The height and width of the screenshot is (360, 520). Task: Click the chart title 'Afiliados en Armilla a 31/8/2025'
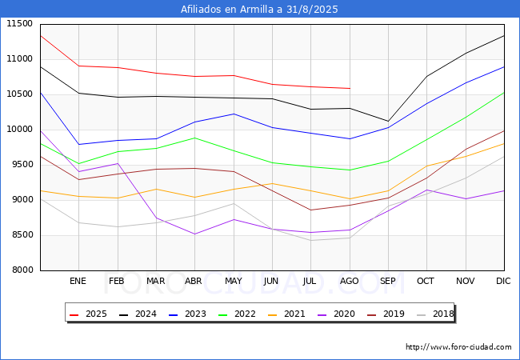click(x=259, y=10)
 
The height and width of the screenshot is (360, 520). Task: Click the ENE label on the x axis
click(x=78, y=282)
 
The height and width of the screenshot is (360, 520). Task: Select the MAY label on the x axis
click(x=233, y=282)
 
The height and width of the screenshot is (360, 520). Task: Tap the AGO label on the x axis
click(x=349, y=282)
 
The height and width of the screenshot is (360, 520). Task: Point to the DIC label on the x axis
click(x=503, y=282)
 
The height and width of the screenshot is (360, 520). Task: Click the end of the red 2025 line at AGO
click(x=349, y=89)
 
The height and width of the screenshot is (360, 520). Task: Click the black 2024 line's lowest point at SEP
click(x=388, y=122)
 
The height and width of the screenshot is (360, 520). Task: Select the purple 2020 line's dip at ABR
click(x=194, y=234)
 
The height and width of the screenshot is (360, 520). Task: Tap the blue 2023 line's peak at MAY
click(x=233, y=114)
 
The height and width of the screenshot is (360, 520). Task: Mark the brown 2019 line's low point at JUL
click(x=310, y=210)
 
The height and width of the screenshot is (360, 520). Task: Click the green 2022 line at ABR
click(x=194, y=138)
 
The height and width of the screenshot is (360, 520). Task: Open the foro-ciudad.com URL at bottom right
click(x=458, y=347)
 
